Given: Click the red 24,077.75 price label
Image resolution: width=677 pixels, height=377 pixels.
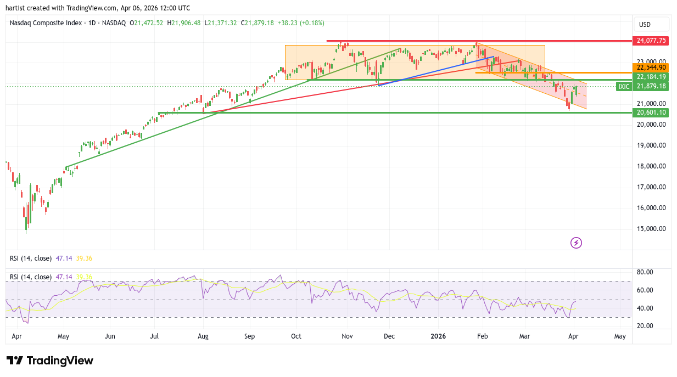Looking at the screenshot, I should pos(651,41).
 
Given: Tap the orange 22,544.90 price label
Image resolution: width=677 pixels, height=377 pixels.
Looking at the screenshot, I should pos(651,67).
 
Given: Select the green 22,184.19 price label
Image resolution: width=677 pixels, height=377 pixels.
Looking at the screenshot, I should pos(651,77).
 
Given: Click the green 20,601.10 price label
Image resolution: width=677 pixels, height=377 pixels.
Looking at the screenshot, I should pos(651,112).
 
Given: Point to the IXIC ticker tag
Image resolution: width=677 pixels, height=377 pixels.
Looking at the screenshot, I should pos(623,86).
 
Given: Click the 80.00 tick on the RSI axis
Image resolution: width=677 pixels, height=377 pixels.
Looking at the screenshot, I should pos(645,272).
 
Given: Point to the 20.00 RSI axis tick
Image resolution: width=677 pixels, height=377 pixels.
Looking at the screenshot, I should pos(645,325).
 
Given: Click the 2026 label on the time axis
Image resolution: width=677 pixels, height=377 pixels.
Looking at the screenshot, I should pos(438,336).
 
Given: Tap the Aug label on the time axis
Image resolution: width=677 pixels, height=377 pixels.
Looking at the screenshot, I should pos(203,336).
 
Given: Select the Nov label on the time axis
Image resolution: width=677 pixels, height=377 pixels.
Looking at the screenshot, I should pos(346,336).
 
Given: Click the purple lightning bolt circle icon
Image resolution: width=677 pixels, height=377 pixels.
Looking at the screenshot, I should pos(576,243).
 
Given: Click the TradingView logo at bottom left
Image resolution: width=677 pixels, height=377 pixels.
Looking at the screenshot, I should pos(50,361).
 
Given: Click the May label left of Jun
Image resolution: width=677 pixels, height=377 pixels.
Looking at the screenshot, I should pos(63,336).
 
